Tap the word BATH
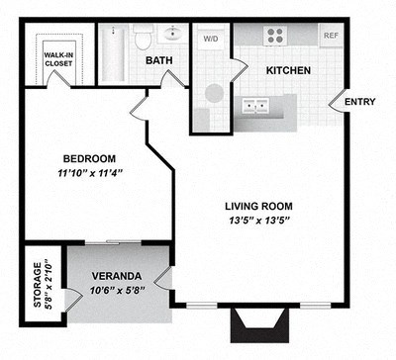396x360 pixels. tap(160, 61)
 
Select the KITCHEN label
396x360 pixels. tap(287, 70)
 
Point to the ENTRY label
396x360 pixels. tap(358, 101)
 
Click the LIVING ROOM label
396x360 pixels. tap(257, 206)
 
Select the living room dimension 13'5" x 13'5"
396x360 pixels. tap(257, 221)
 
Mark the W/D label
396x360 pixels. tap(211, 41)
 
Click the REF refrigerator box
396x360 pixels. tap(330, 36)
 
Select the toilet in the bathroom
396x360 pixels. tap(145, 39)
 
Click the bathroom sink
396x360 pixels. tap(174, 36)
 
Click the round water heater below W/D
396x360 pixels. tap(213, 95)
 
